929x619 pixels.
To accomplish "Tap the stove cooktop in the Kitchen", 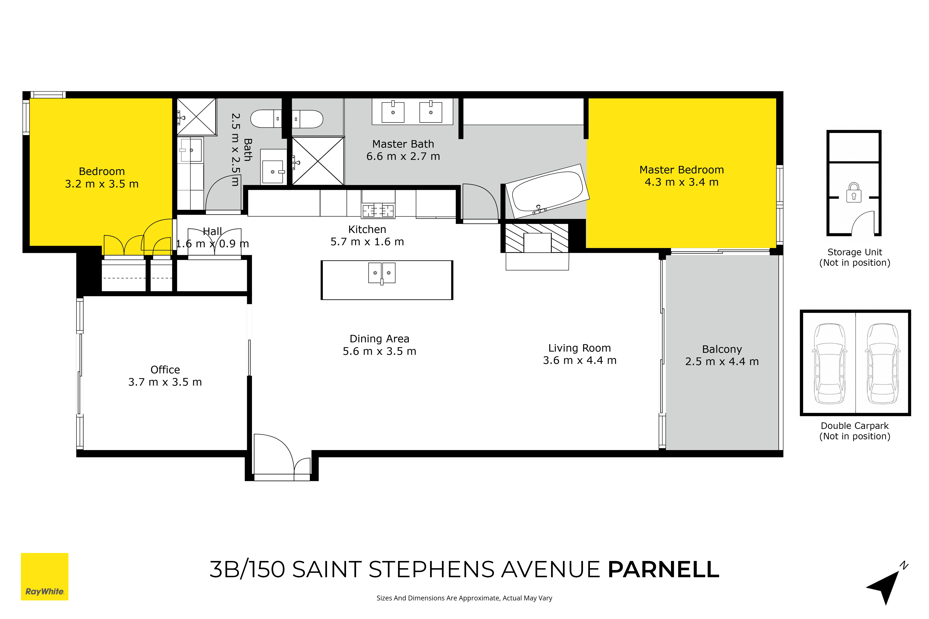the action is point(378,211).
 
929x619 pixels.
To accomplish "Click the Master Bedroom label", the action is point(681,170).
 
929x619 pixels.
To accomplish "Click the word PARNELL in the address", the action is point(663,569).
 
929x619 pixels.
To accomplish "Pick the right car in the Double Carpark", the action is point(883,363).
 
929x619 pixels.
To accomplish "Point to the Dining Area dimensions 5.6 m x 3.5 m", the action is point(379,351).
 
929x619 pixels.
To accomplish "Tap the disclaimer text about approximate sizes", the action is point(464,598).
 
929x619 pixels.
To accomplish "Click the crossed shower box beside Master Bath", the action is point(317,161).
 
